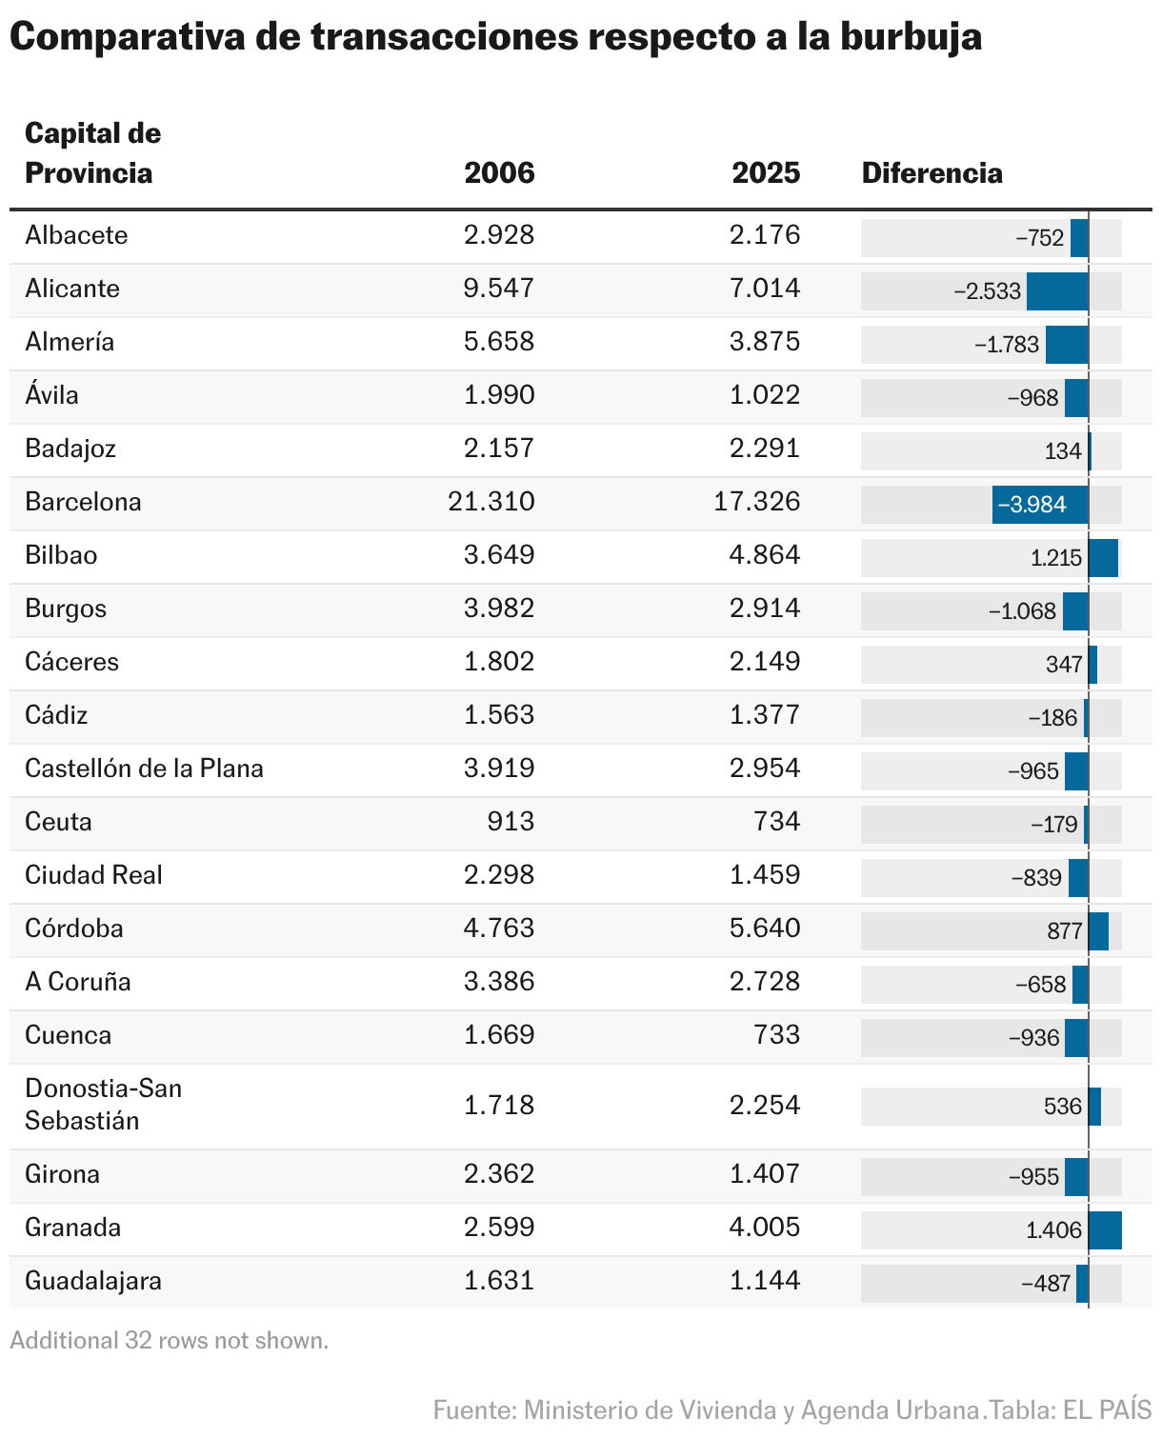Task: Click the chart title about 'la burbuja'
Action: (495, 38)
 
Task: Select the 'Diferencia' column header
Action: (932, 173)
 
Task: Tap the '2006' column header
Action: (499, 173)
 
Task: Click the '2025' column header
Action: (766, 173)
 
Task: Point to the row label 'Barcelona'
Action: (83, 502)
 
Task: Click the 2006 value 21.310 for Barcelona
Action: (491, 502)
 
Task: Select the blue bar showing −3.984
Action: (1040, 505)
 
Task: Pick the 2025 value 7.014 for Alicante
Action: (765, 289)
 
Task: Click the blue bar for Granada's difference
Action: (1105, 1230)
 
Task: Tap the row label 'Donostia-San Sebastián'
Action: (103, 1105)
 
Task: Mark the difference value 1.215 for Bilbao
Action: (1056, 558)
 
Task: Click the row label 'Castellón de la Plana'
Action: (144, 769)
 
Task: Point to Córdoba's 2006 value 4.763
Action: (499, 929)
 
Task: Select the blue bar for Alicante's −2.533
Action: (1057, 291)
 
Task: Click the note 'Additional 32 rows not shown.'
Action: (169, 1341)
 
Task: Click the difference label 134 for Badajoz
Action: (1063, 451)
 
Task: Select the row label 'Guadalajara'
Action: (93, 1281)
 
